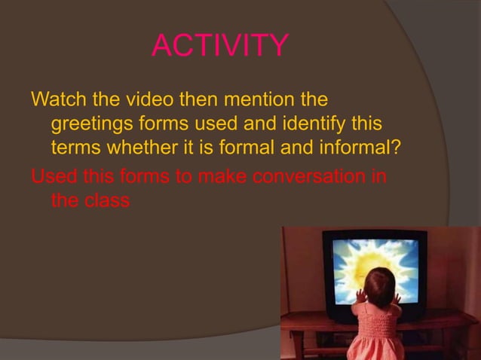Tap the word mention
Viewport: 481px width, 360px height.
(253, 99)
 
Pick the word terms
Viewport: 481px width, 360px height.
(74, 146)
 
